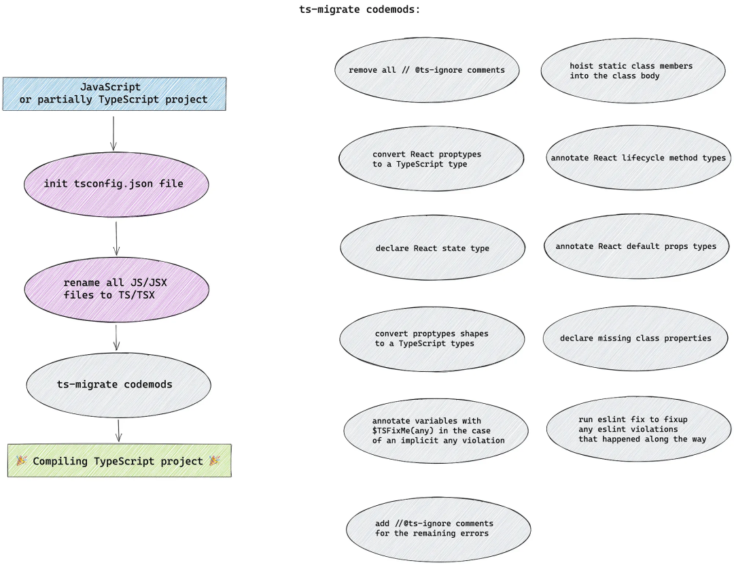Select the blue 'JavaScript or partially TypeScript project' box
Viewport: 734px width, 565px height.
pyautogui.click(x=114, y=94)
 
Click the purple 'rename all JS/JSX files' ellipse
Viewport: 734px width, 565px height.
pyautogui.click(x=115, y=289)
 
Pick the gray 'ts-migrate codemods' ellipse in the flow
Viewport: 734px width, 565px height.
pyautogui.click(x=115, y=384)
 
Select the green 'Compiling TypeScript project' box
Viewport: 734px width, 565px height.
pyautogui.click(x=119, y=461)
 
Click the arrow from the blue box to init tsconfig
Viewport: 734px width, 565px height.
pyautogui.click(x=113, y=133)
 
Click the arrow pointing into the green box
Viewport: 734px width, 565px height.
pyautogui.click(x=119, y=430)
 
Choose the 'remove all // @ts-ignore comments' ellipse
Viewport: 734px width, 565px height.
pyautogui.click(x=427, y=70)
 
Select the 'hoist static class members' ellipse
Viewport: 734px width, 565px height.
pyautogui.click(x=631, y=71)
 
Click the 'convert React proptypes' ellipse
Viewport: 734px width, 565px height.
pyautogui.click(x=431, y=159)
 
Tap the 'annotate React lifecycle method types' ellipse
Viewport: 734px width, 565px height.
pyautogui.click(x=638, y=158)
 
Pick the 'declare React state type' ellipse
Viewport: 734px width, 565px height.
pyautogui.click(x=432, y=248)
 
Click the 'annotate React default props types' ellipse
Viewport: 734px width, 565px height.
pyautogui.click(x=635, y=246)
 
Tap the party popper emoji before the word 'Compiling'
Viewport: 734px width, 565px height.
pyautogui.click(x=22, y=461)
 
